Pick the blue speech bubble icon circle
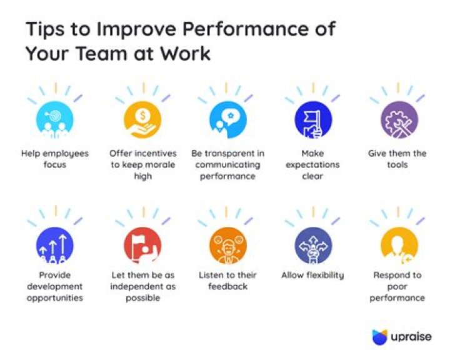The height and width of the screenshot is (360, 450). [x=227, y=119]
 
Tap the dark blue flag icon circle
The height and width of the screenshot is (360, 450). [x=313, y=119]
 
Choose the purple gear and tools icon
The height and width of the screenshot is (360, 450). [x=399, y=119]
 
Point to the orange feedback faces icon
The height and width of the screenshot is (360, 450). [x=227, y=243]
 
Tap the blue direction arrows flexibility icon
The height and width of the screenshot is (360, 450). [x=313, y=243]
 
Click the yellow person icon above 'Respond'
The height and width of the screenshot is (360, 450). [x=399, y=243]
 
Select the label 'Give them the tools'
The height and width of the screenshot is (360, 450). [x=397, y=159]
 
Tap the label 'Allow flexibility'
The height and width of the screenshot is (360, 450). [x=312, y=275]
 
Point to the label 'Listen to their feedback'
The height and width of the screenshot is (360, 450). [x=227, y=281]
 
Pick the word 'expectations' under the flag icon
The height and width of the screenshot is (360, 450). [x=313, y=164]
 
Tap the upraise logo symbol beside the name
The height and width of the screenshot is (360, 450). [x=380, y=337]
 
